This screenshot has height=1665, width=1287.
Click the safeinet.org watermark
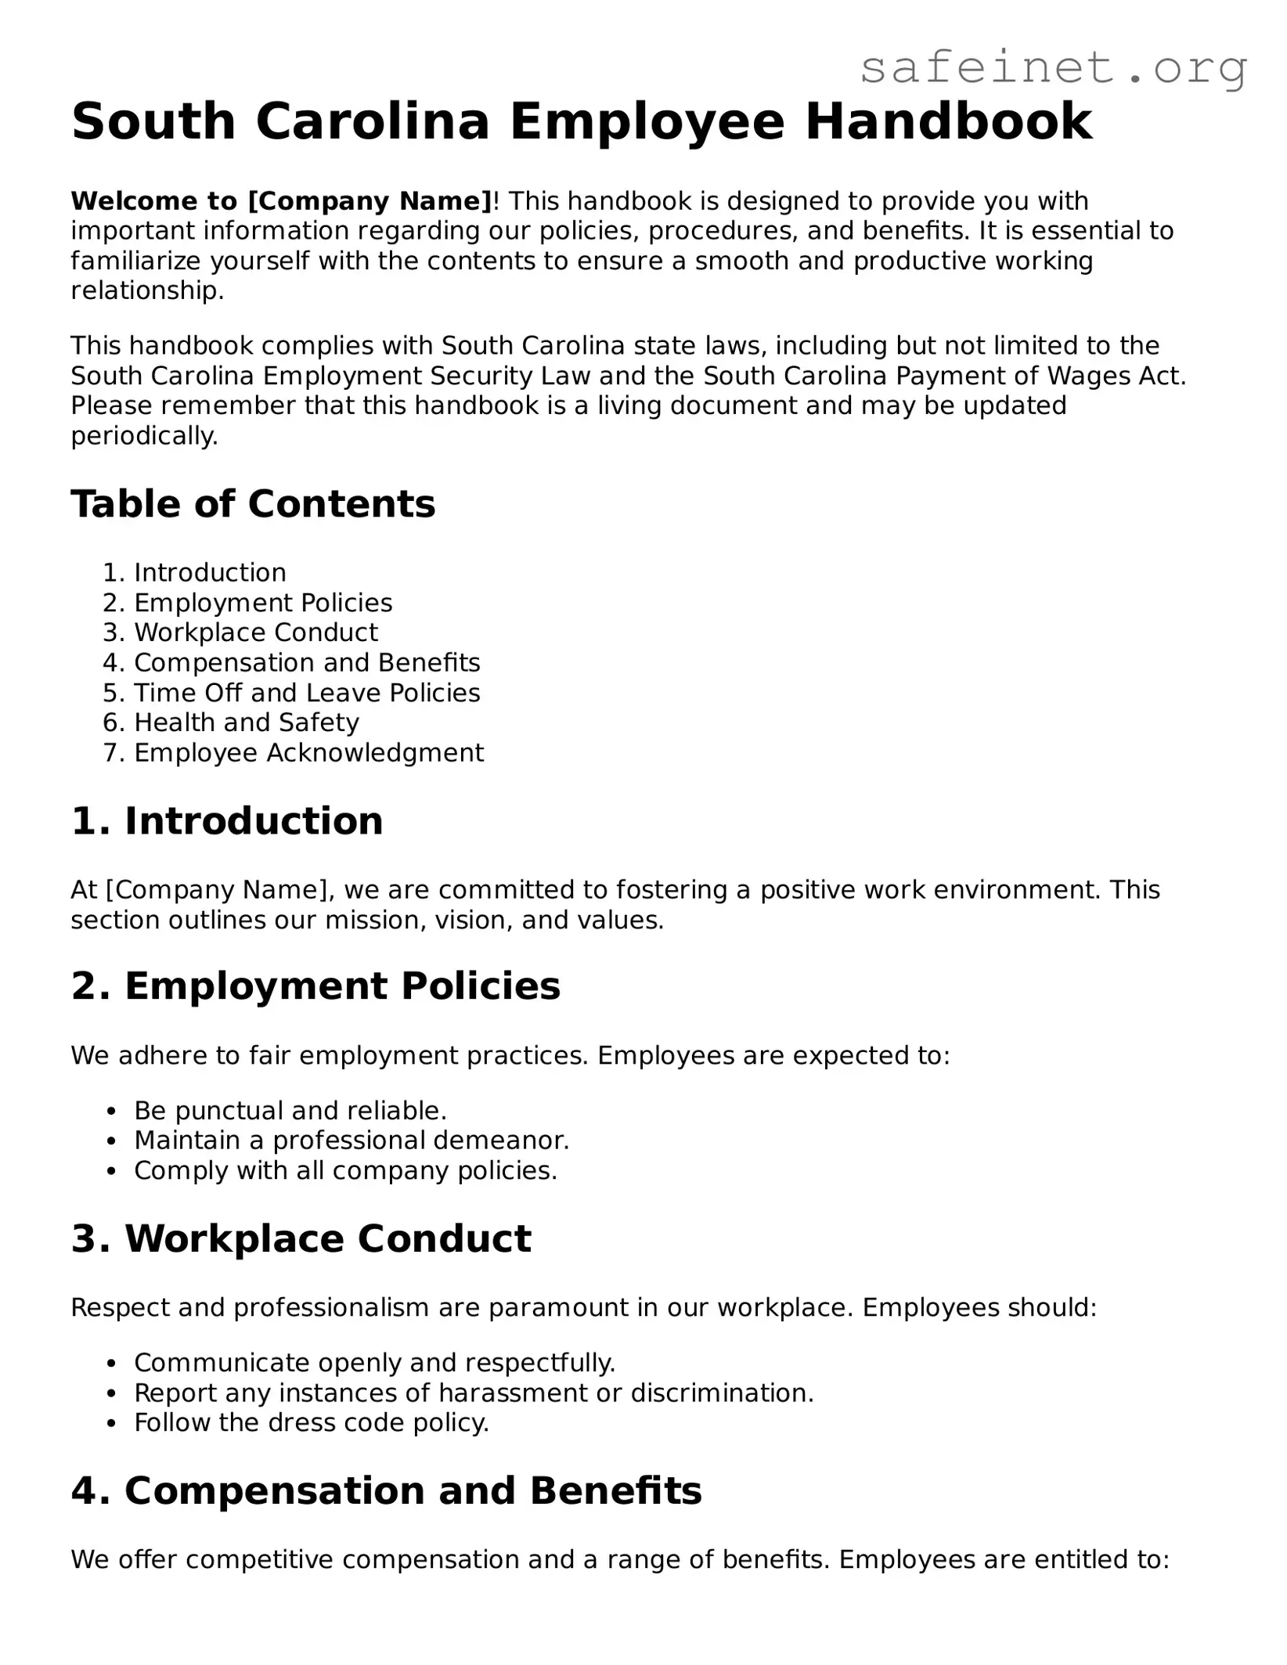pos(1053,68)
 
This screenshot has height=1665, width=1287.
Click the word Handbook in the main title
pos(949,122)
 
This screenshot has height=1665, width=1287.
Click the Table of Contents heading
pos(253,503)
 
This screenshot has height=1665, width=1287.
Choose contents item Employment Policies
pos(263,603)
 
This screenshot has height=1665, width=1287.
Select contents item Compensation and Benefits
pos(307,663)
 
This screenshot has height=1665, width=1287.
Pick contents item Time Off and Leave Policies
pos(307,693)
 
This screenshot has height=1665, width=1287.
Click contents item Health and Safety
pos(247,723)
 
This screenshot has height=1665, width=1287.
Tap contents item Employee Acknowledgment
pos(308,752)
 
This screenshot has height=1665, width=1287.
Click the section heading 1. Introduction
pos(227,821)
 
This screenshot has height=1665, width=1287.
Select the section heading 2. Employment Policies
pos(315,986)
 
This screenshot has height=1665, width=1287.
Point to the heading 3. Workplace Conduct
pos(301,1239)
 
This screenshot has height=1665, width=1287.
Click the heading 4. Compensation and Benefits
pos(387,1490)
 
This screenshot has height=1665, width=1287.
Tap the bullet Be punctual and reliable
pos(290,1111)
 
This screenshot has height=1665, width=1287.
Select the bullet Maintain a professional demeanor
pos(351,1141)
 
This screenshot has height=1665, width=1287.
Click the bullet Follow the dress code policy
pos(312,1422)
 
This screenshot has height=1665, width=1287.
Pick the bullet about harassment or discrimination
pos(474,1393)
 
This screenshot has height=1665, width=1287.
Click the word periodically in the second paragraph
pos(144,436)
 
